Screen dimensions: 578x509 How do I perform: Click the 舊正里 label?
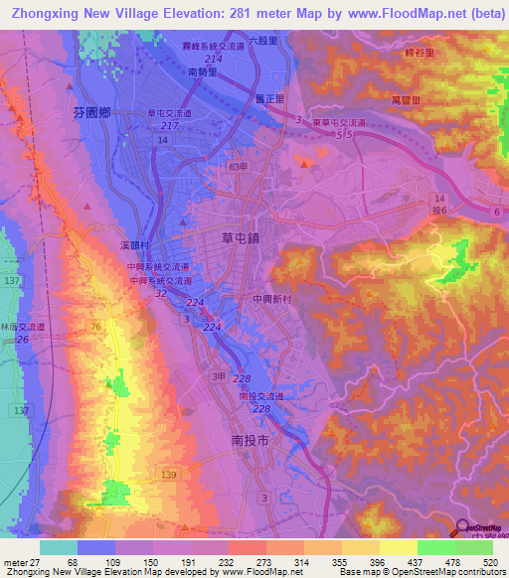pos(268,99)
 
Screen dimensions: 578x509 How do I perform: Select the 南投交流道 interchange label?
pos(260,396)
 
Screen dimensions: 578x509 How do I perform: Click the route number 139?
pos(168,478)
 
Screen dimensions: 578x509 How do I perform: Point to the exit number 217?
pos(169,126)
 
